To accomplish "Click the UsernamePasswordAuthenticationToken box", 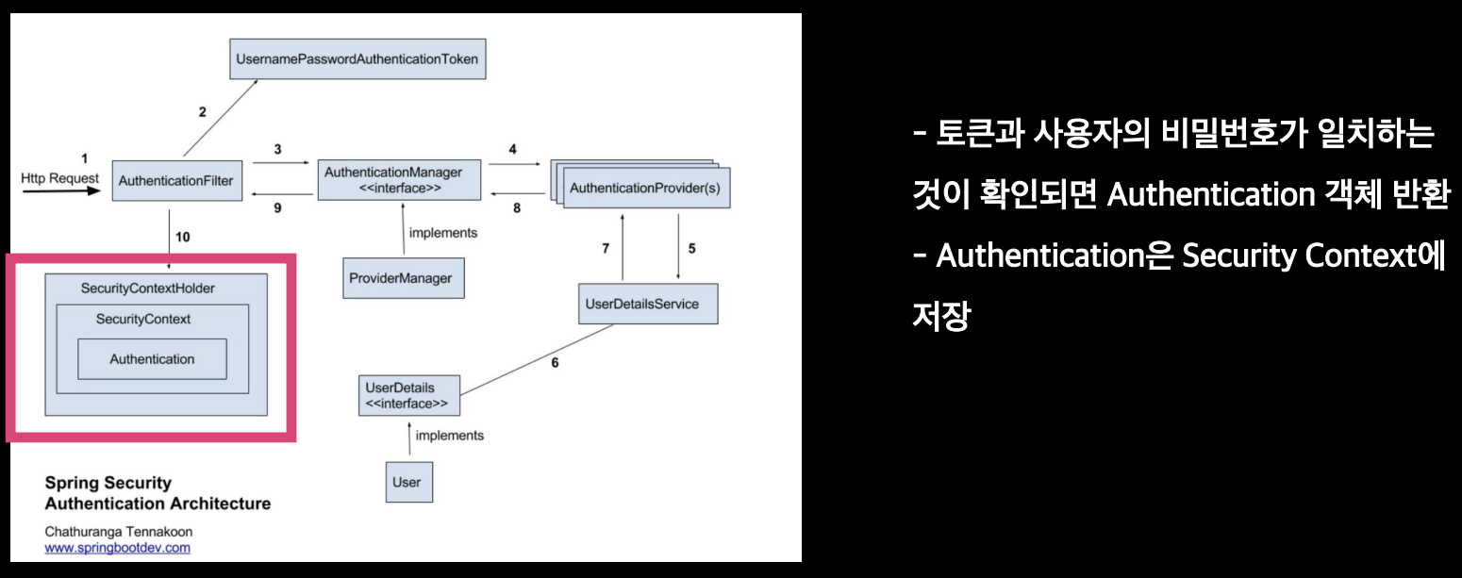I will click(x=357, y=59).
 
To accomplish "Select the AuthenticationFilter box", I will click(x=175, y=180).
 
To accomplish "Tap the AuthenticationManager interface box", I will click(x=399, y=180).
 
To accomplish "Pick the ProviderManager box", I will click(x=403, y=278).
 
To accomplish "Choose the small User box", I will click(x=407, y=482).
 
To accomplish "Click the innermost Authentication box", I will click(x=152, y=359).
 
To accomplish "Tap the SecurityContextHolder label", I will click(x=148, y=288).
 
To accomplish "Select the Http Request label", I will click(x=59, y=177).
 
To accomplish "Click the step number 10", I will click(x=183, y=237).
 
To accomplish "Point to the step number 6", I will click(x=555, y=362).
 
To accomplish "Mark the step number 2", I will click(x=202, y=111).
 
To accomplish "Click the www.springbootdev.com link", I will click(x=118, y=547).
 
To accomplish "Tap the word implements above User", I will click(x=450, y=436).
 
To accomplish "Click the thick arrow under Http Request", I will click(x=59, y=191).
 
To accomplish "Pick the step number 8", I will click(x=517, y=208).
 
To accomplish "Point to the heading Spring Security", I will click(x=108, y=484).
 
